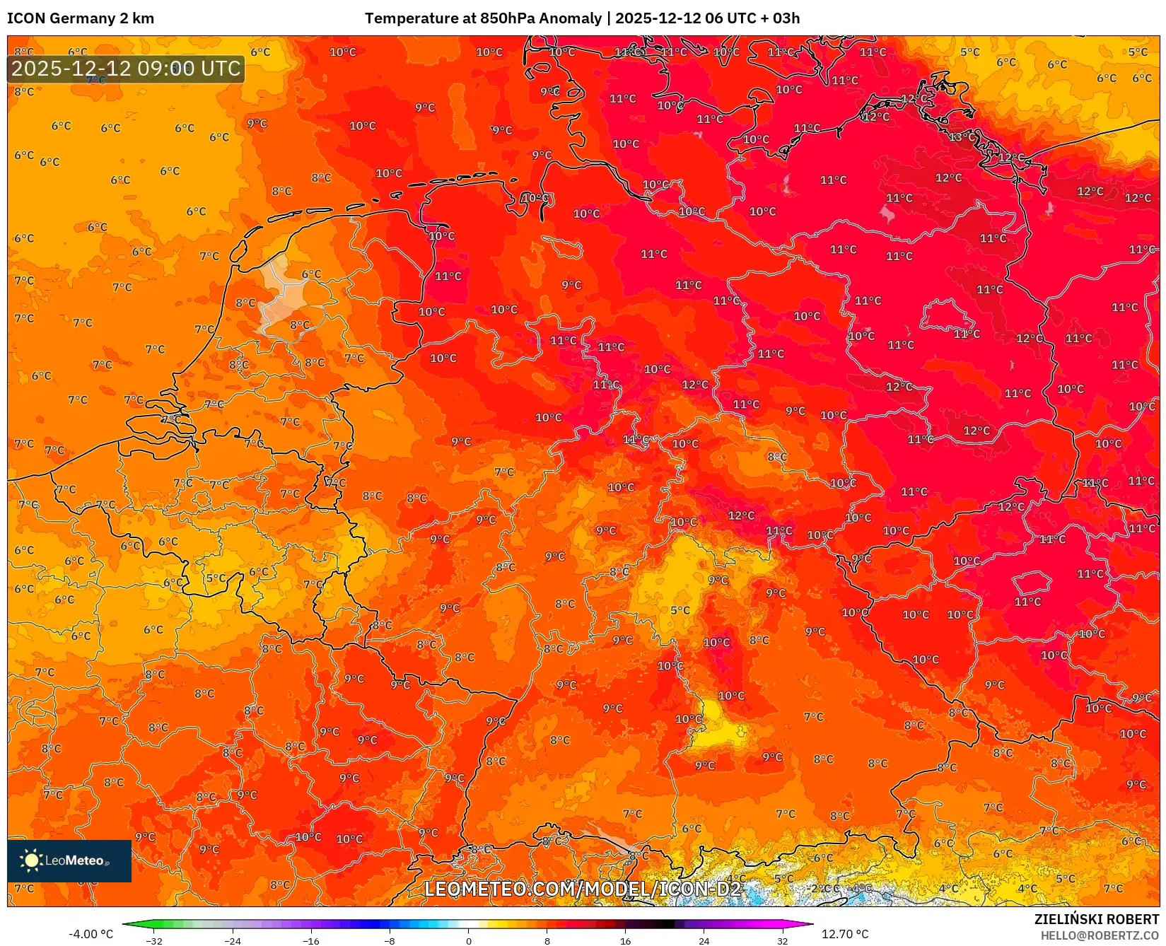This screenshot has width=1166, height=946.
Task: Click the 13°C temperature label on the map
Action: point(960,136)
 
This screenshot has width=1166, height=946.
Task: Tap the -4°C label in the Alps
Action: point(863,887)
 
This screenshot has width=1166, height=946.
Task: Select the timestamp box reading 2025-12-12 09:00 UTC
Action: point(126,69)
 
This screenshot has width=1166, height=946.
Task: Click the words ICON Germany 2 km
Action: point(81,18)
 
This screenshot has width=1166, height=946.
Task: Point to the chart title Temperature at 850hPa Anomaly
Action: point(483,18)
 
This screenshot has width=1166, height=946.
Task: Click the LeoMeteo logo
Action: point(69,860)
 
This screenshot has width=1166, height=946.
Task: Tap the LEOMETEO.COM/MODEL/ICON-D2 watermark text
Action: point(583,889)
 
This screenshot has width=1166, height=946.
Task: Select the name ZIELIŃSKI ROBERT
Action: point(1097,919)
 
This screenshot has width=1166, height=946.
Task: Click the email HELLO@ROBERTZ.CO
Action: point(1100,935)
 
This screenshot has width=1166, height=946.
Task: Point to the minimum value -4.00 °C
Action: point(91,934)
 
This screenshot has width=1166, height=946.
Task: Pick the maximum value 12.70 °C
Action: point(845,934)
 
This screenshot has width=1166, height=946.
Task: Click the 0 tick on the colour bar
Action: point(468,941)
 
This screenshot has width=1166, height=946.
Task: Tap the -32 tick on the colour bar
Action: point(154,941)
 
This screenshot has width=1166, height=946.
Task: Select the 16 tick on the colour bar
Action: point(625,941)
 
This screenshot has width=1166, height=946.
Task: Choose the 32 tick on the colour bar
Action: point(782,941)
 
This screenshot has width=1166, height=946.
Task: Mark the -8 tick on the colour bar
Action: point(390,941)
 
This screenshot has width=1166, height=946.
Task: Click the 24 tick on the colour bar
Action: point(704,941)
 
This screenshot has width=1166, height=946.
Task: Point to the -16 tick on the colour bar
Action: point(311,941)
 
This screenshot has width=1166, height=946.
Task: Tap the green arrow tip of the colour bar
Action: point(126,924)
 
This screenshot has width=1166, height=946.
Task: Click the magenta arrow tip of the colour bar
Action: point(810,924)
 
